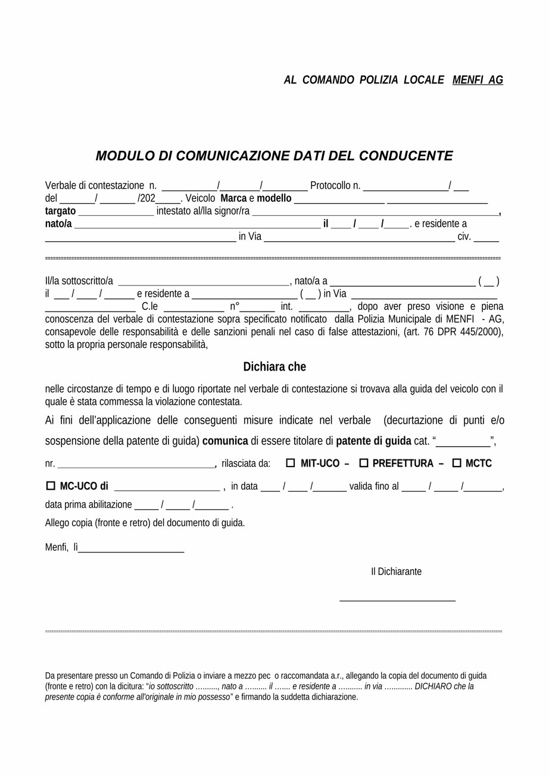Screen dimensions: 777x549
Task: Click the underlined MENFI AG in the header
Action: click(x=478, y=80)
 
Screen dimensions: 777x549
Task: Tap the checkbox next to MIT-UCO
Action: click(x=291, y=463)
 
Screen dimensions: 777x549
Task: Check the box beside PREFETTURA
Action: click(x=364, y=463)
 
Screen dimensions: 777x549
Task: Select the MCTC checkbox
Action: click(x=457, y=463)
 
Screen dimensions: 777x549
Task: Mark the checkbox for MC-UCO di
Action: click(x=51, y=486)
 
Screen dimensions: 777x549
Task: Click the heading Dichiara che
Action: click(x=274, y=366)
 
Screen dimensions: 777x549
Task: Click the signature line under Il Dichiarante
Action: click(x=397, y=600)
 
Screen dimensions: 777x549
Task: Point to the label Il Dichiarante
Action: click(x=396, y=571)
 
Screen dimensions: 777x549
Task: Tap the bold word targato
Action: click(x=60, y=211)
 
